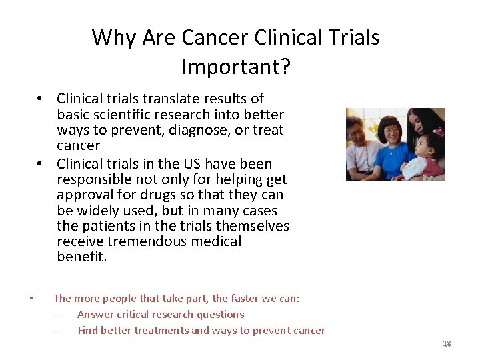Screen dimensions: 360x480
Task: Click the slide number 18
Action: tap(447, 343)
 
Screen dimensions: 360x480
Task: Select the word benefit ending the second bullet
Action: tap(80, 257)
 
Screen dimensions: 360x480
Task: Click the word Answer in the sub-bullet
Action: tap(97, 315)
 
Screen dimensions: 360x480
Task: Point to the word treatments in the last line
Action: tap(161, 331)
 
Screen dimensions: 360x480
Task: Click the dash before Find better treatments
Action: tap(57, 331)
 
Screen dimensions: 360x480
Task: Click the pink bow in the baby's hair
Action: tap(438, 131)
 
